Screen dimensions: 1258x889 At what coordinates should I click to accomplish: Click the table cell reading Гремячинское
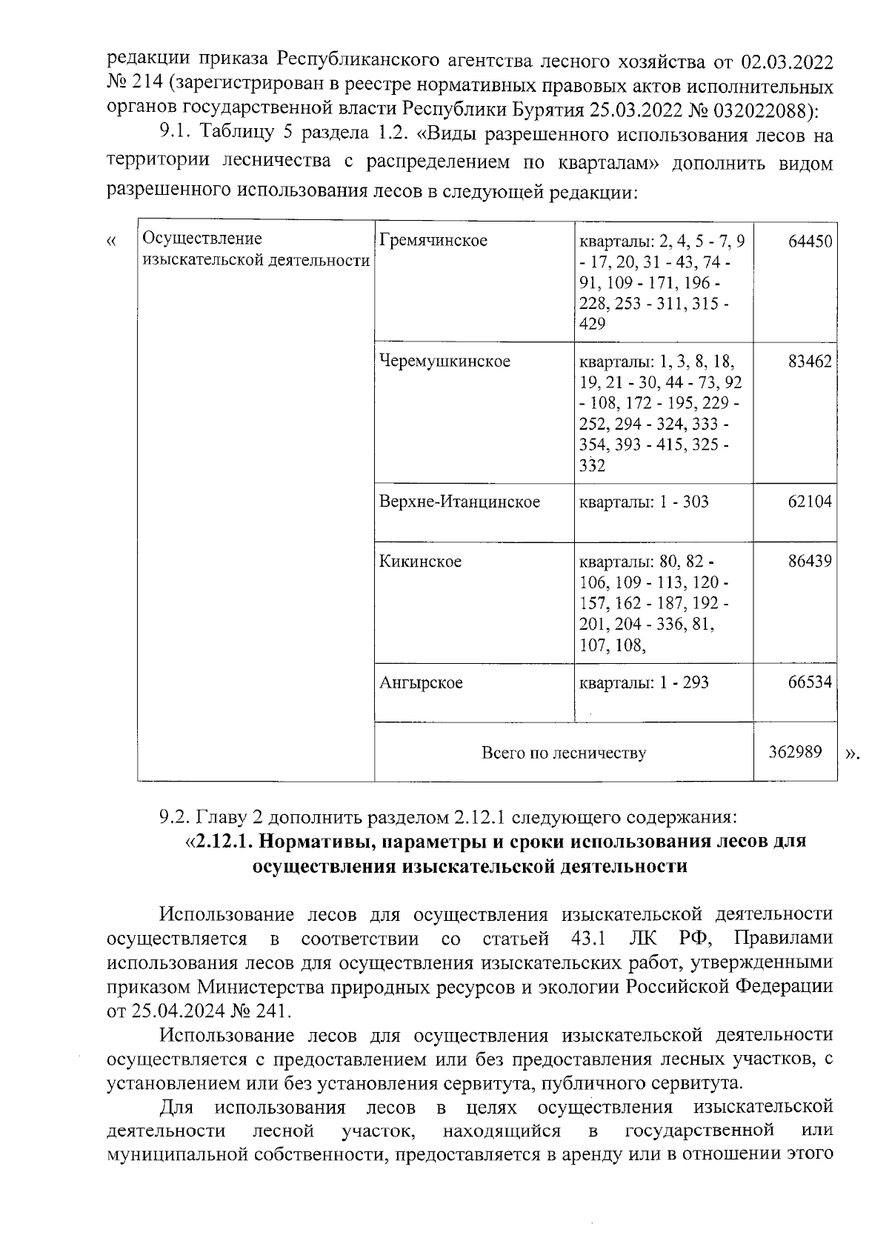coord(433,241)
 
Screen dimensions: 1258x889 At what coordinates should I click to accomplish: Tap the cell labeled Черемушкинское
coord(444,361)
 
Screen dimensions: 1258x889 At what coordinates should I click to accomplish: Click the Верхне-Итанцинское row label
coord(459,502)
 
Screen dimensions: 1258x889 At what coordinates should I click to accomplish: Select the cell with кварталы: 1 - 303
coord(643,502)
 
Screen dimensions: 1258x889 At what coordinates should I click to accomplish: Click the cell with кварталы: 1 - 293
coord(643,682)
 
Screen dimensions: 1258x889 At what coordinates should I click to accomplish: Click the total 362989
coord(794,752)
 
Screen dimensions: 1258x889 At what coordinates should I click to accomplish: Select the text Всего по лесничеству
coord(563,753)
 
